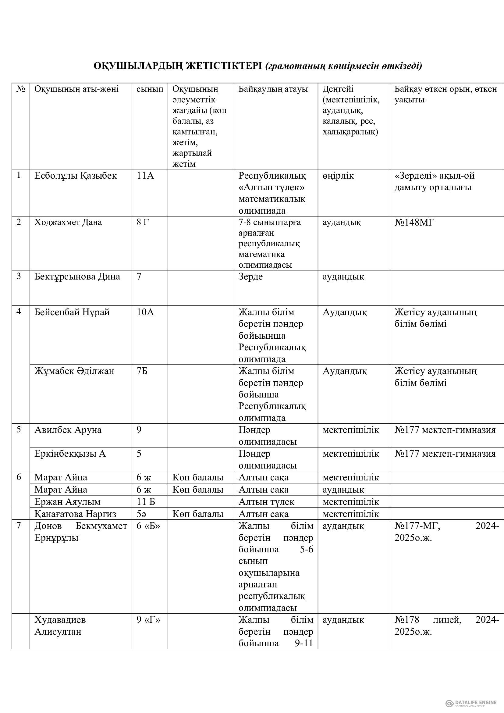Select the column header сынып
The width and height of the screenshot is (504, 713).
click(150, 89)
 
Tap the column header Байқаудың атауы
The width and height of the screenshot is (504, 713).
click(273, 89)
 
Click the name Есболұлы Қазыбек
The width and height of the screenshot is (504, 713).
click(75, 176)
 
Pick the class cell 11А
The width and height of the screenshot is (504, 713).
click(145, 176)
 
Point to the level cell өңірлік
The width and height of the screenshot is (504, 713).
click(338, 176)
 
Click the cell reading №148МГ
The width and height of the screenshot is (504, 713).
click(414, 222)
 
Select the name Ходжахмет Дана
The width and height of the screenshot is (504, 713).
click(68, 222)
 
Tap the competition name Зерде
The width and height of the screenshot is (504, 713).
click(250, 276)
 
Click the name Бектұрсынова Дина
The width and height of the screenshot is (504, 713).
click(77, 276)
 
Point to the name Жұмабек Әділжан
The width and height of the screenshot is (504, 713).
click(74, 371)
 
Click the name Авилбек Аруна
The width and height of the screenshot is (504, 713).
click(68, 430)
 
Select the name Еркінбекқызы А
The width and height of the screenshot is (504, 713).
click(70, 454)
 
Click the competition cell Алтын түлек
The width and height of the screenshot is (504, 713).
click(266, 502)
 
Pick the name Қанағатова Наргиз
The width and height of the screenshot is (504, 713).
click(75, 514)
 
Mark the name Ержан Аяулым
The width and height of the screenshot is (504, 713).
click(67, 502)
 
